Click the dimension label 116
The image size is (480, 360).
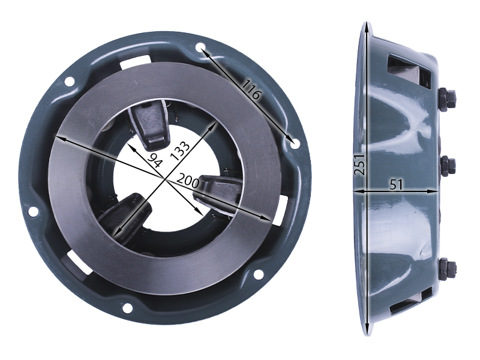point(250,89)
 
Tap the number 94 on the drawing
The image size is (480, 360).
point(155,160)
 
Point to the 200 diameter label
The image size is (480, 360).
point(188,181)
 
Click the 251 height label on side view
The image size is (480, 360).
point(359,164)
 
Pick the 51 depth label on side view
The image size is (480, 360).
point(397,185)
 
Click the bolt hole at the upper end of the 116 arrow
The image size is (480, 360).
point(200,48)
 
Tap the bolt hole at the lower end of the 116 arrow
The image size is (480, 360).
point(295,143)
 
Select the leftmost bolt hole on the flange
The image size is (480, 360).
point(33,211)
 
